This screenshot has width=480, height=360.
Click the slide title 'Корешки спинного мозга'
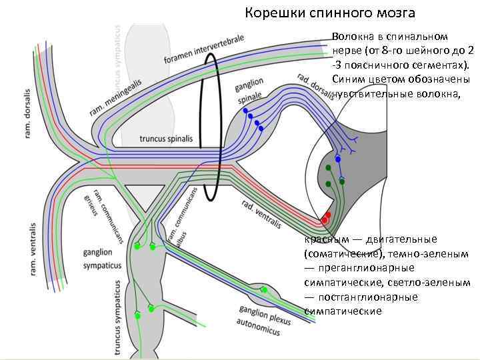coord(330,13)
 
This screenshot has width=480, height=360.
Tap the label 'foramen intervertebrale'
coord(203,50)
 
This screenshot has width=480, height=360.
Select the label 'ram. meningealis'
coord(114,98)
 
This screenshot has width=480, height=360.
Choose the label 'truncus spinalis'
coord(166,139)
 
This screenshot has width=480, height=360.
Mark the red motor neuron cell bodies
coord(326,217)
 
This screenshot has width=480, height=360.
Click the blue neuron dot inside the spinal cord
coord(338,159)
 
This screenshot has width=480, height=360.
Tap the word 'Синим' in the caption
coord(349,79)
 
